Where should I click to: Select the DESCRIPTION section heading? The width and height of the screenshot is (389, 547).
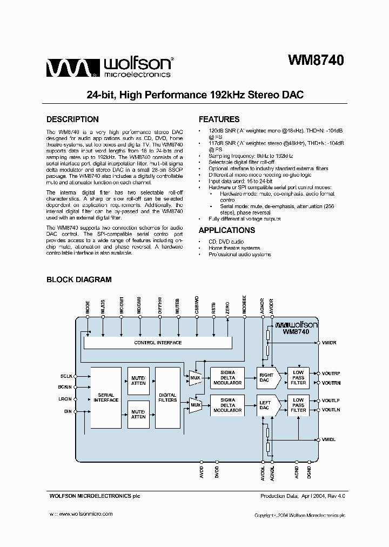tap(72, 119)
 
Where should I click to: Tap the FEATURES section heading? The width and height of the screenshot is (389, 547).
tap(219, 119)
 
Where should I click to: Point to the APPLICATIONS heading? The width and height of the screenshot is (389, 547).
tap(226, 230)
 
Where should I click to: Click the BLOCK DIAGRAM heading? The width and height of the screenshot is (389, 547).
tap(79, 279)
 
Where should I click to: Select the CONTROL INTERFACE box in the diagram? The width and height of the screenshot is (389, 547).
tap(158, 343)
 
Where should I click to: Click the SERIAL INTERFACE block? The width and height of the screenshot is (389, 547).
tap(106, 397)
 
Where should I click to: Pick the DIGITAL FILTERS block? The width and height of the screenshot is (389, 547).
tap(167, 397)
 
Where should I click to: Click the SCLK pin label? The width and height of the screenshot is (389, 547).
tap(66, 376)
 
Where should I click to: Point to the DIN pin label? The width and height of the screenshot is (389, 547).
tap(68, 411)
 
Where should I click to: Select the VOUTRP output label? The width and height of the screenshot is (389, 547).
tap(331, 373)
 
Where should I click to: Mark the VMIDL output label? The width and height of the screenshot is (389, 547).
tap(329, 440)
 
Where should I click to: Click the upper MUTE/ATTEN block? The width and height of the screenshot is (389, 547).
tap(138, 381)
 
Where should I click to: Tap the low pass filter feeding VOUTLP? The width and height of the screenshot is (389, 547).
tap(298, 405)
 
